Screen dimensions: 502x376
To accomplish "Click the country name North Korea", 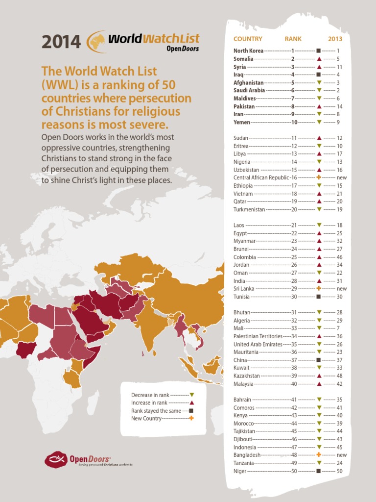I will [248, 50].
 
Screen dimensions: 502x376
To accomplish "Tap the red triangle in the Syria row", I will [319, 66].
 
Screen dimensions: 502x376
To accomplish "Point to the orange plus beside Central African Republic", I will [319, 177].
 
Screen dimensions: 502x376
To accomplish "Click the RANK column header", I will [293, 39].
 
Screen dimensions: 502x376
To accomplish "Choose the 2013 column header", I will [335, 39].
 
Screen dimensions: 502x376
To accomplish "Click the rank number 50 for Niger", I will [294, 471].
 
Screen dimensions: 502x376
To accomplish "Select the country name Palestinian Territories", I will [258, 336].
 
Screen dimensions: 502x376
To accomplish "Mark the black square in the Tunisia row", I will [319, 297].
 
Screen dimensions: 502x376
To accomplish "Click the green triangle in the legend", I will [192, 395].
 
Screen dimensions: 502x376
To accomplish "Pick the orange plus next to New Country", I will [191, 418].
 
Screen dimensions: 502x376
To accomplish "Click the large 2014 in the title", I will [61, 42].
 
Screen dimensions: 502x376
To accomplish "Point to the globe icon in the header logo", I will [96, 41].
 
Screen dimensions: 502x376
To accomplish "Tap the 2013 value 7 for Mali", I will [339, 328].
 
